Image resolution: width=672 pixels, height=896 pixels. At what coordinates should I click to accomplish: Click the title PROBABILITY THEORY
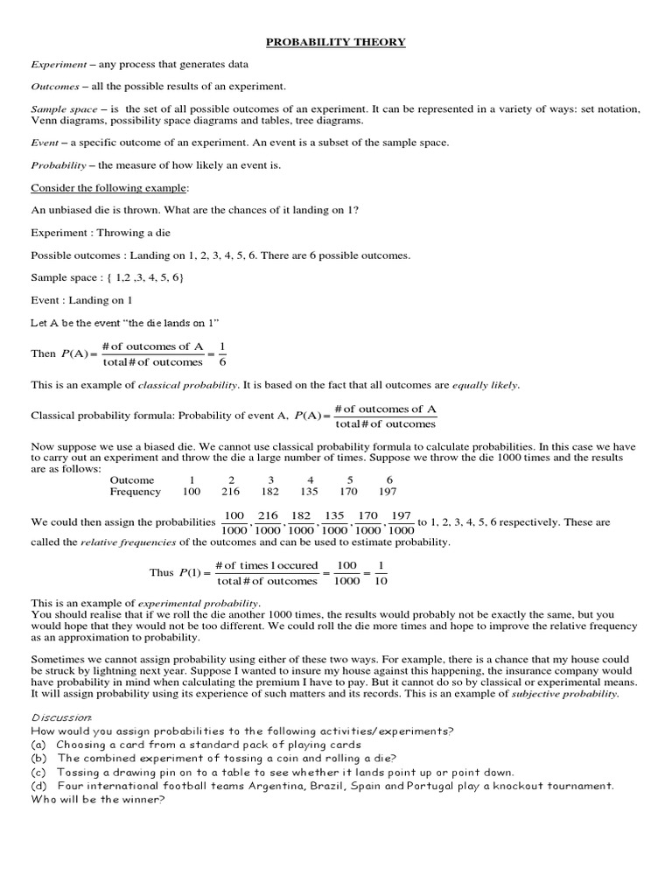click(336, 41)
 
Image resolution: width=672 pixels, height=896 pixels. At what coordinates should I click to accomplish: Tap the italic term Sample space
click(58, 108)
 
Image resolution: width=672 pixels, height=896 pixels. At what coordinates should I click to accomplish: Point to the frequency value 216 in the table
click(232, 492)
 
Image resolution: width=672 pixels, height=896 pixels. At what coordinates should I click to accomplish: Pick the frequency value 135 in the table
click(311, 492)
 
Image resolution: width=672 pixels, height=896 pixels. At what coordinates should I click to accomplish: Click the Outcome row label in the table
click(132, 479)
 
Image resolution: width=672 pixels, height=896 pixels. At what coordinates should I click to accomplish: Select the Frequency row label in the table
click(136, 492)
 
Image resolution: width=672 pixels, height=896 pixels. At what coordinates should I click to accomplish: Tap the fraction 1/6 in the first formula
click(221, 353)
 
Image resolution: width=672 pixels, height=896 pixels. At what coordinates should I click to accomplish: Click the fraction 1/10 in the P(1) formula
click(381, 572)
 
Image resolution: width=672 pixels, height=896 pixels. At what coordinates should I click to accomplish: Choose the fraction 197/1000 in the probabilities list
click(401, 522)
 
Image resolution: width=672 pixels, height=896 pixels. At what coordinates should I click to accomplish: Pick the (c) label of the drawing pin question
click(38, 772)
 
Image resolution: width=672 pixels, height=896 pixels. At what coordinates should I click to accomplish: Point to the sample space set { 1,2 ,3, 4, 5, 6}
click(146, 277)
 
